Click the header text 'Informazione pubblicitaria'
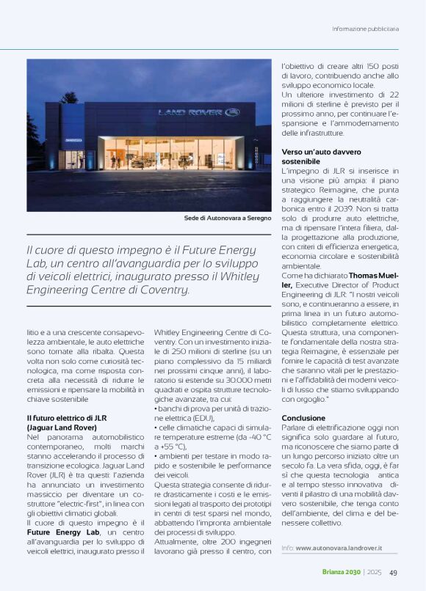[365, 29]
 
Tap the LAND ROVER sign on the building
[199, 112]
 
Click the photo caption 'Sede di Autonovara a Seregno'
[227, 219]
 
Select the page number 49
[394, 573]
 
